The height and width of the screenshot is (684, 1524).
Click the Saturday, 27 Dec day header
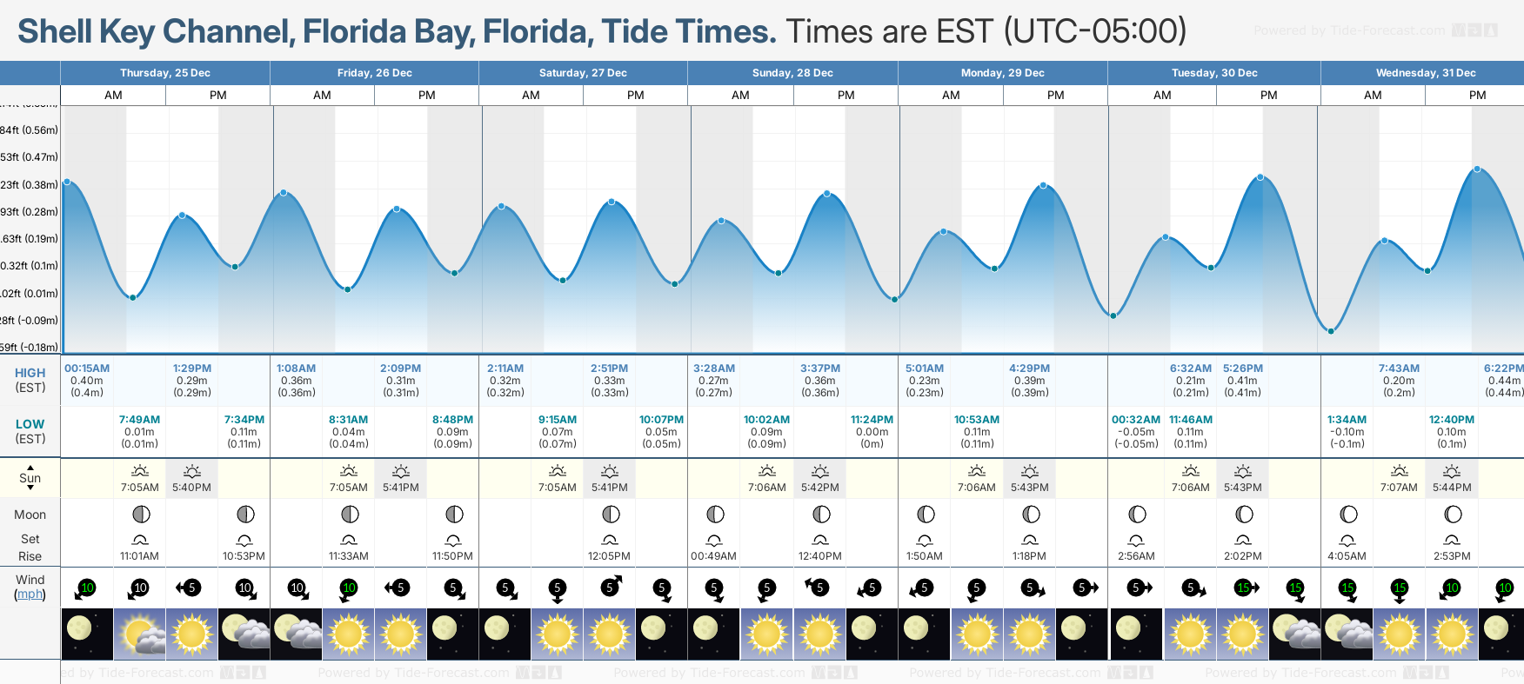(583, 73)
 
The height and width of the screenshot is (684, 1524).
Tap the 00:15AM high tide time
(87, 369)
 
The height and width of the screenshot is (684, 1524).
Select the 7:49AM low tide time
(139, 420)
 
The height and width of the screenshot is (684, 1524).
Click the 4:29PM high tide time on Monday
(1029, 369)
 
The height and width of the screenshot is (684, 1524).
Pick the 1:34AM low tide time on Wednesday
(1347, 420)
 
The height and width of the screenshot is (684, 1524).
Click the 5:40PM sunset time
(191, 488)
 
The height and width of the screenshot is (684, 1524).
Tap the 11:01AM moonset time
(139, 556)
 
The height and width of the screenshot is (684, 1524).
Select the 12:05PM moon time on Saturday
(609, 556)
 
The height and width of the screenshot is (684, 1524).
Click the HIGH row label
(30, 373)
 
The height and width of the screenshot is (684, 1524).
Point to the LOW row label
(30, 424)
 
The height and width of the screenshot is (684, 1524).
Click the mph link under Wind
(30, 594)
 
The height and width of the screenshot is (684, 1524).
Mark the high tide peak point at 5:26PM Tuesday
(1260, 177)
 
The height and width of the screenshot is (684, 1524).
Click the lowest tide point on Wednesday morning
(1331, 331)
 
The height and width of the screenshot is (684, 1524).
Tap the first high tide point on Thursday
(67, 182)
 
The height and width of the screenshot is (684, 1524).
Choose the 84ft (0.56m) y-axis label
(30, 130)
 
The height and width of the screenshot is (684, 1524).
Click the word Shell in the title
(55, 32)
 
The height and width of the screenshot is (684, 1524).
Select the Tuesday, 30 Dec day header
(1214, 73)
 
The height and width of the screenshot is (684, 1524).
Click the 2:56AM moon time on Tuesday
(1136, 556)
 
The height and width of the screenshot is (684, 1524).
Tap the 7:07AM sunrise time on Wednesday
(1399, 488)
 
